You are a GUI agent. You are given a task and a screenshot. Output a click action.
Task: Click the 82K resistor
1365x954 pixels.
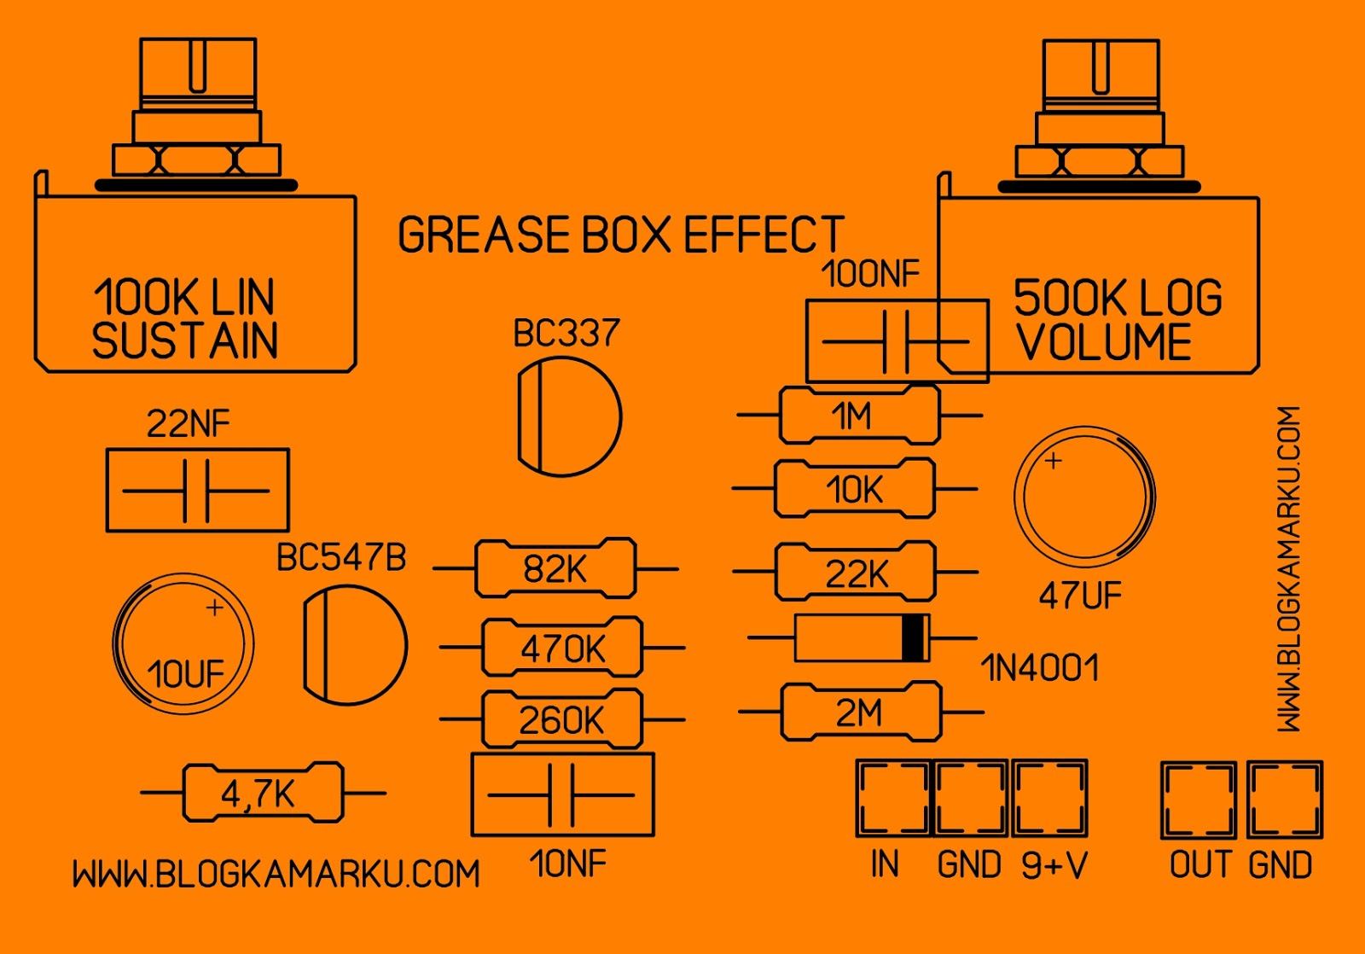(x=555, y=567)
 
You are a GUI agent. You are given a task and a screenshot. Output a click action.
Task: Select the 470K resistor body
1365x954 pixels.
(x=562, y=646)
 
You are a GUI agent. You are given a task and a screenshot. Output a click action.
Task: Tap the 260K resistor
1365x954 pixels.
(x=562, y=718)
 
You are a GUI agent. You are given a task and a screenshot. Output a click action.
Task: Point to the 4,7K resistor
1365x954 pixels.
(x=263, y=793)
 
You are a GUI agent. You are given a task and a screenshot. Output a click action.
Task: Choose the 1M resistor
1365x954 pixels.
(x=860, y=415)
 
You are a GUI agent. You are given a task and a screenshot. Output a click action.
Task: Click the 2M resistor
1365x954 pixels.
(x=861, y=712)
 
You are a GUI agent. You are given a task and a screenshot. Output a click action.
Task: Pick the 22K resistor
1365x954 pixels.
(x=855, y=571)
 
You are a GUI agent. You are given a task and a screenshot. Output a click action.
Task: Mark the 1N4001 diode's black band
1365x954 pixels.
(x=912, y=637)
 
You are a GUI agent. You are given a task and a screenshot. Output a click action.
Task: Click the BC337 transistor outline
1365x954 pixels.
(x=569, y=416)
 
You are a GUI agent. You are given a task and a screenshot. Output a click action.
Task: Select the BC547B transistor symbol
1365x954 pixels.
(x=355, y=646)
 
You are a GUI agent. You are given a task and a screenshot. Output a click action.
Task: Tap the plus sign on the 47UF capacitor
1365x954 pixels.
(x=1053, y=461)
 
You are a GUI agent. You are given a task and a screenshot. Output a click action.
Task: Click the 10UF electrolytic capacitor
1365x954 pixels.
(x=183, y=643)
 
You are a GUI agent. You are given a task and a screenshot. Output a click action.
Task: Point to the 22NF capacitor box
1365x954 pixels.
(x=197, y=490)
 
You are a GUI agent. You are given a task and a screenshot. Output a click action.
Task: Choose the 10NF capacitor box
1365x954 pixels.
(x=562, y=794)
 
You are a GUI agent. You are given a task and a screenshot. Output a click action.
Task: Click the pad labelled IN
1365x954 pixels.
(x=893, y=798)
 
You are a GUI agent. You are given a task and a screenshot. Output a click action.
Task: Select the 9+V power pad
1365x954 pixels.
(x=1049, y=798)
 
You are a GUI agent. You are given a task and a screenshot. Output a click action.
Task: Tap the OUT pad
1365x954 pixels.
(x=1199, y=800)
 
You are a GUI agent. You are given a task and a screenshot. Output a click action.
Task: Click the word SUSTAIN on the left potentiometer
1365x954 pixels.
(x=184, y=340)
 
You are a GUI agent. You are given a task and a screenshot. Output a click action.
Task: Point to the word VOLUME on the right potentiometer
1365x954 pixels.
(x=1105, y=341)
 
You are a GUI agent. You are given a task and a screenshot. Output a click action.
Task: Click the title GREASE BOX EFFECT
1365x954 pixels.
(x=622, y=234)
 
